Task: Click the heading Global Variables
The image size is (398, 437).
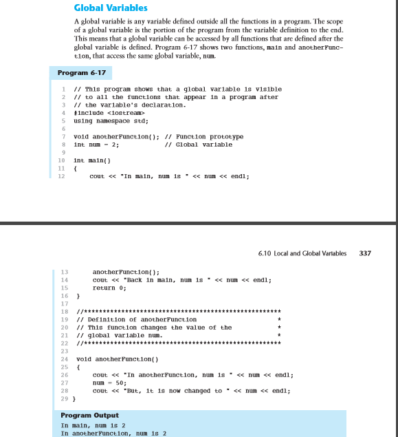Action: pos(111,8)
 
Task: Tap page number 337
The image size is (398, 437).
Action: pos(365,253)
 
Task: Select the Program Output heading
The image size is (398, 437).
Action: pos(89,415)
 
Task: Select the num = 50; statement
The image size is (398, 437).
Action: pos(110,382)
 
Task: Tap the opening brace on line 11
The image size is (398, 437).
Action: pos(75,167)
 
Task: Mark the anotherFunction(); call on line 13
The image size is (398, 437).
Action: pos(126,271)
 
